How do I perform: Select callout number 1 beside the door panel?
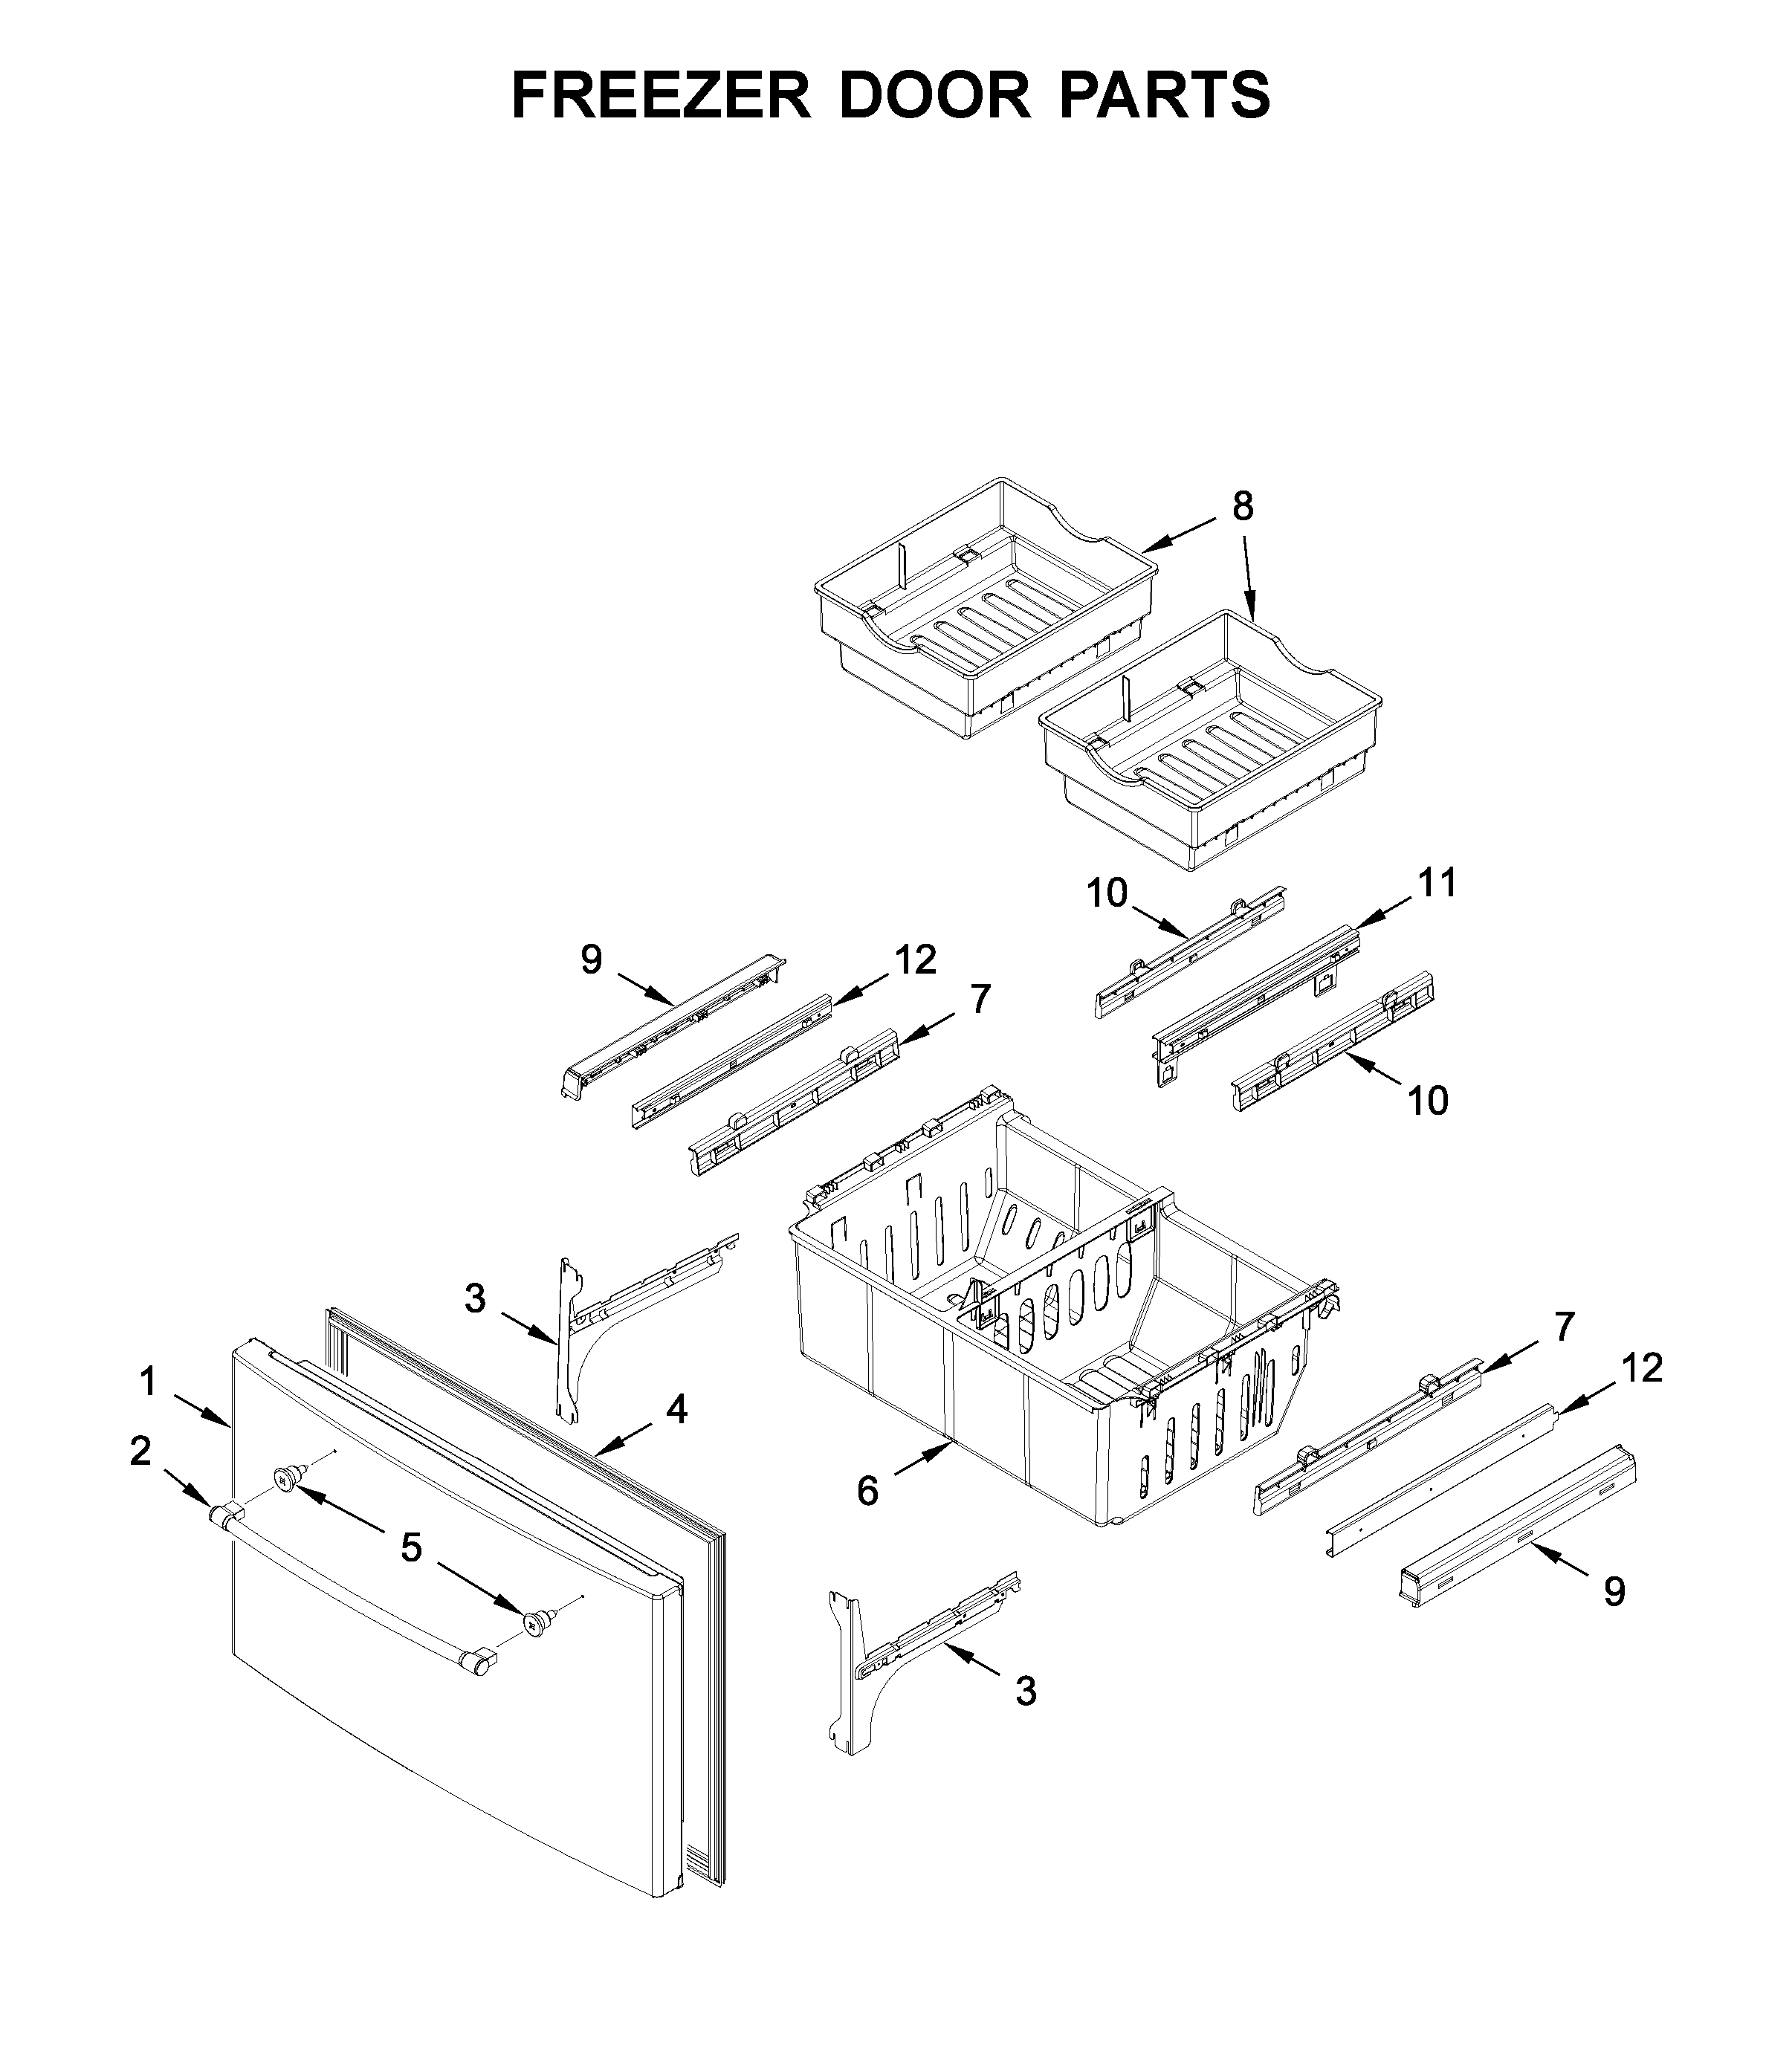(x=149, y=1381)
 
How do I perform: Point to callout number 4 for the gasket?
(x=676, y=1408)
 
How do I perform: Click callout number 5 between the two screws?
(x=411, y=1546)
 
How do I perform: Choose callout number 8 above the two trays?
(x=1242, y=506)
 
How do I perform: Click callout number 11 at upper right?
(x=1437, y=882)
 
